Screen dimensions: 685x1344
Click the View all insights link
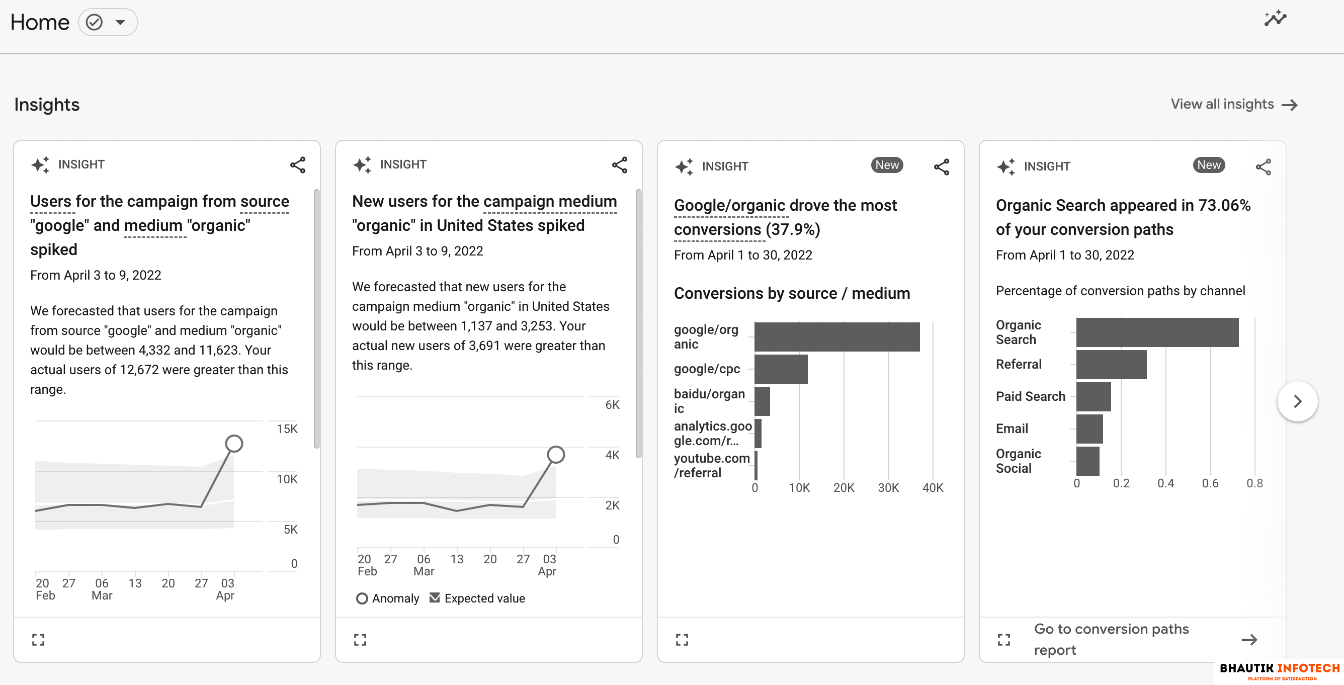1233,104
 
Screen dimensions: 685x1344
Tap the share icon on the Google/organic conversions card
941,167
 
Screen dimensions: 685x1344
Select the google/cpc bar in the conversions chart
781,369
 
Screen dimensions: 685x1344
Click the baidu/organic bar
762,401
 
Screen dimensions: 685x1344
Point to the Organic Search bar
1157,332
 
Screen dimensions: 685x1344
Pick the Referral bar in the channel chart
1111,364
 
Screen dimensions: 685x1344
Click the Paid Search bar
1093,396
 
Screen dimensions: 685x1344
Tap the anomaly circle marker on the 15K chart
234,444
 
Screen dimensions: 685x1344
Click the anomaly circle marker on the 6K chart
556,455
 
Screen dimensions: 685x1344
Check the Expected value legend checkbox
435,598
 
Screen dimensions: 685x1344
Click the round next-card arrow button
1297,401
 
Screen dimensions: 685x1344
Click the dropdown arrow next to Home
121,23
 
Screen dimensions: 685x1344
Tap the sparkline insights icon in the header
1275,19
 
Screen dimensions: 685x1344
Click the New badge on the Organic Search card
1208,165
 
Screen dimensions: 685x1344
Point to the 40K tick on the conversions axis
933,488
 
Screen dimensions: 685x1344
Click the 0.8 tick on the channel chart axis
1254,484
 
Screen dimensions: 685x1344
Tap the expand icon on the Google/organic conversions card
682,640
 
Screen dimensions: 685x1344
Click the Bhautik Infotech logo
1279,670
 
